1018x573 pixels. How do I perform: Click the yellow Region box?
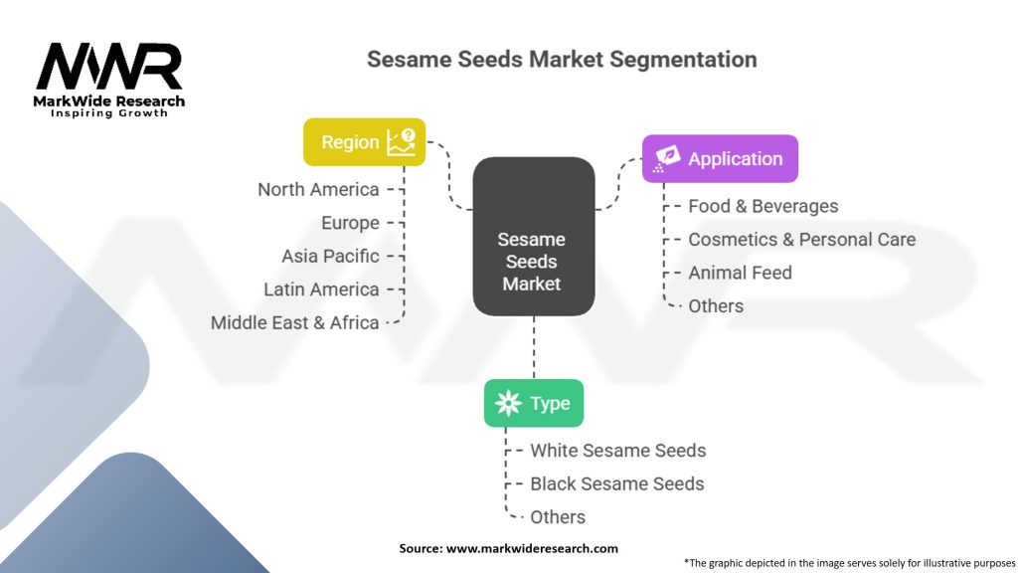click(364, 142)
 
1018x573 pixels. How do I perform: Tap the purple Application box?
click(720, 158)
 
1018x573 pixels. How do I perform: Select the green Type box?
click(534, 403)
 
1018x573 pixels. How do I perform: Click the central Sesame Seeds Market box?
click(533, 261)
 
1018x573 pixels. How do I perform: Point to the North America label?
click(318, 189)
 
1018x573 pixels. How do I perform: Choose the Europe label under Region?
click(350, 223)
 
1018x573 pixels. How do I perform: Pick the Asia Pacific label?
click(330, 256)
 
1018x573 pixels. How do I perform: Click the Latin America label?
click(321, 289)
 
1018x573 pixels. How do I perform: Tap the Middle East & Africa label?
click(295, 322)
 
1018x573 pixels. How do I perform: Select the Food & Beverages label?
click(763, 206)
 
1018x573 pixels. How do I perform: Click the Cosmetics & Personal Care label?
click(801, 240)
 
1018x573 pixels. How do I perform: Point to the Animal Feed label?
click(740, 273)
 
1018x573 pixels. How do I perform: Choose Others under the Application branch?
click(716, 305)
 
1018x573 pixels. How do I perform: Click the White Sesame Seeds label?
click(617, 451)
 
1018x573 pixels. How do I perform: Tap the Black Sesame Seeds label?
click(616, 483)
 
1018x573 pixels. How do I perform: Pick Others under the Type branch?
click(558, 517)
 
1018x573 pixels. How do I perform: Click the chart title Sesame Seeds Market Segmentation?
click(562, 59)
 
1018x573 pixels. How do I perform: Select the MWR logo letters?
click(109, 68)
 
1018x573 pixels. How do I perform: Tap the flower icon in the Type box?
click(508, 403)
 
